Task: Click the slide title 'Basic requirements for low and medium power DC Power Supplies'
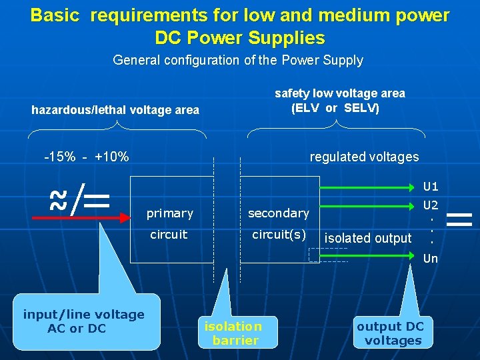point(240,26)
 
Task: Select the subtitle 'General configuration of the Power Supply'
point(238,61)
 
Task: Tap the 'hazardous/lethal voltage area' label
point(115,110)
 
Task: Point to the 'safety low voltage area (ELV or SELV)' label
point(339,101)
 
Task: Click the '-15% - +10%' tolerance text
point(86,157)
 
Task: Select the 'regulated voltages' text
point(364,157)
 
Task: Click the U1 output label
point(431,187)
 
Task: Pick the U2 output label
point(431,205)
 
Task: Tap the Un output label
point(431,259)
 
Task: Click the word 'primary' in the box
point(170,213)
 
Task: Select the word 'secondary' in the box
point(279,213)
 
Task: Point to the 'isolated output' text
point(368,239)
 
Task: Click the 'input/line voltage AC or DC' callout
point(83,321)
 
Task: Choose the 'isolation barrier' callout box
point(233,333)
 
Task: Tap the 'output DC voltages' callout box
point(393,333)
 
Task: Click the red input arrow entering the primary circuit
point(100,217)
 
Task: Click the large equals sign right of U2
point(459,219)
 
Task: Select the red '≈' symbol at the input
point(59,200)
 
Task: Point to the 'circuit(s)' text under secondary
point(279,235)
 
